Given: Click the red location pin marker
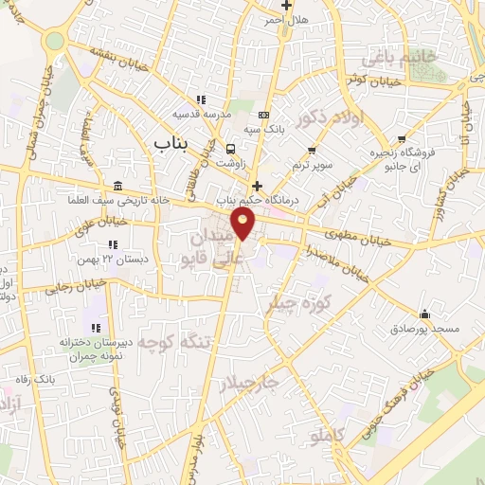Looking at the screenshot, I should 243,224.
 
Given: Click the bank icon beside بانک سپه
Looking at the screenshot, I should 264,115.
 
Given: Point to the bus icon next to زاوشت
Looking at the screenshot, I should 230,148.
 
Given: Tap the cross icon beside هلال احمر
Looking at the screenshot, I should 285,6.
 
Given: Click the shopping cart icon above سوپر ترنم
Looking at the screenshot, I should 312,150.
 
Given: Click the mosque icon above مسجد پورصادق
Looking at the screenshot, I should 424,314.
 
